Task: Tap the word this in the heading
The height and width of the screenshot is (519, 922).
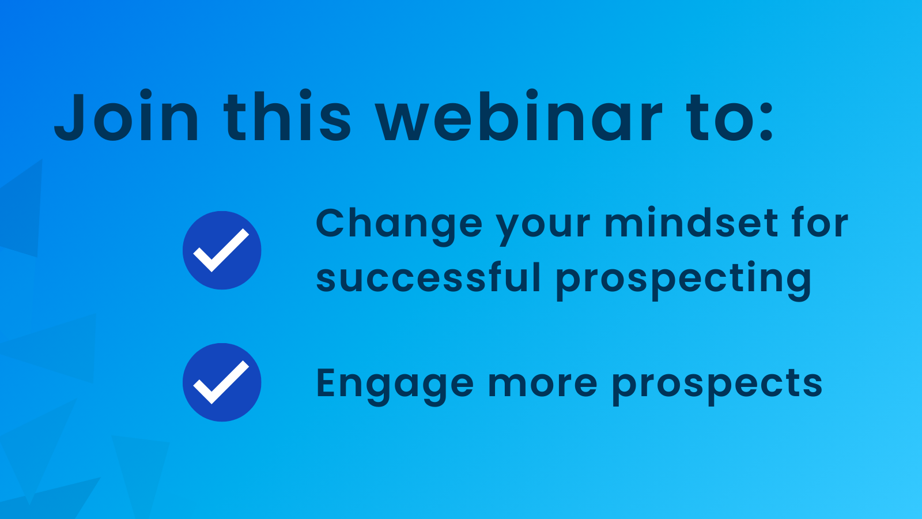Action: tap(288, 116)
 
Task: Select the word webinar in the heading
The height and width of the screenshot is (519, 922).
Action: tap(519, 116)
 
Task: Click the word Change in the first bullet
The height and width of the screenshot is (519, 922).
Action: tap(399, 227)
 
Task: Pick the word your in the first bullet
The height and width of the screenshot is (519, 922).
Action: tap(543, 228)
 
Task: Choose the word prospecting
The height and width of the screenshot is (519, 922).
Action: tap(683, 281)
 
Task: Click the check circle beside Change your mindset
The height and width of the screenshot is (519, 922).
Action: tap(222, 250)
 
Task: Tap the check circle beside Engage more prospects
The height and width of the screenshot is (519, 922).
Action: tap(222, 382)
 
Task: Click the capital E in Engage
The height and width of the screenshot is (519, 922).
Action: tap(327, 383)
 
